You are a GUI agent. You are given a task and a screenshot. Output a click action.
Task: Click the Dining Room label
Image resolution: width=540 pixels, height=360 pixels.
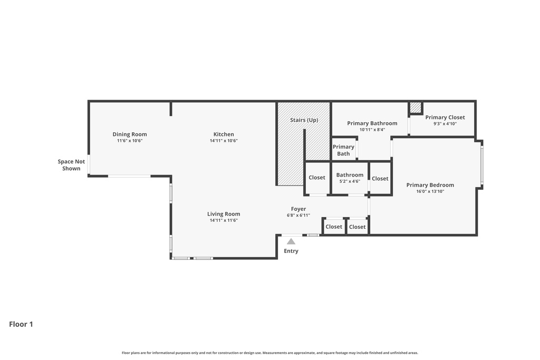tap(130, 134)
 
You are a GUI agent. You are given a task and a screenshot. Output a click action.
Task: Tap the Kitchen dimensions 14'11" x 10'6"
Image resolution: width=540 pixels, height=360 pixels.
tap(224, 141)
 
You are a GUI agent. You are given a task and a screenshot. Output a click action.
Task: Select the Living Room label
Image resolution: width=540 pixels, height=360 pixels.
tap(224, 214)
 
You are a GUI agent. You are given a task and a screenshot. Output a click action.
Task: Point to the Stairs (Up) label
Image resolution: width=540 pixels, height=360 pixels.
tap(304, 120)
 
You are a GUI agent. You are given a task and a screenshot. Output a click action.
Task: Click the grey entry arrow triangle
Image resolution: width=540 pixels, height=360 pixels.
tap(291, 241)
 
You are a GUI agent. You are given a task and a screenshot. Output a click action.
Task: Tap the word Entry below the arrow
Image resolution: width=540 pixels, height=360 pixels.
tap(291, 251)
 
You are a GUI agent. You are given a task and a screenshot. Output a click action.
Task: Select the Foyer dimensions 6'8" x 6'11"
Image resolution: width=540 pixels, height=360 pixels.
tap(298, 215)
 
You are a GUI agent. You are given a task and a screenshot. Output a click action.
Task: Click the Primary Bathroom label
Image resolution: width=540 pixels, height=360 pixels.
tap(372, 123)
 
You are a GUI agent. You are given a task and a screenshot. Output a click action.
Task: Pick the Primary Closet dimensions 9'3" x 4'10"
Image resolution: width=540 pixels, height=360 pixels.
tap(445, 124)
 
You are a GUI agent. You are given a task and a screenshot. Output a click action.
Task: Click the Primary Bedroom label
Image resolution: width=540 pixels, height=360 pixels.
tap(430, 185)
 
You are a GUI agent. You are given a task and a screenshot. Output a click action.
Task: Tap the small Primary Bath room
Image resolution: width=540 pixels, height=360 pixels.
tap(344, 150)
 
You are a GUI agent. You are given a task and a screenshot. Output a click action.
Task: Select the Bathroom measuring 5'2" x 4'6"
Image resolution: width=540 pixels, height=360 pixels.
tap(350, 178)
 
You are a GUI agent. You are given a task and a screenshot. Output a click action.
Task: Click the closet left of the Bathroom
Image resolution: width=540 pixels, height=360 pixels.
tap(317, 178)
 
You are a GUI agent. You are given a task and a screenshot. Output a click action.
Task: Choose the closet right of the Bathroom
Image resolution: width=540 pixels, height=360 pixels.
tap(380, 179)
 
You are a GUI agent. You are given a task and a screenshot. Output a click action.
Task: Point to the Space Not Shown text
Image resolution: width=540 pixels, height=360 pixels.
tap(71, 165)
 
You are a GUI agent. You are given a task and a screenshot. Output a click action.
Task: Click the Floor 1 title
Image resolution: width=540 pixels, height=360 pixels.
tap(21, 324)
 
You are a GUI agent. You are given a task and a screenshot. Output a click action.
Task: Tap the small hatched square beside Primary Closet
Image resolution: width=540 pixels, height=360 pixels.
tap(416, 108)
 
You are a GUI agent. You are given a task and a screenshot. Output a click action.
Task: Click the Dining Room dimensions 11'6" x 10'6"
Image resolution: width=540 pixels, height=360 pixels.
tap(130, 141)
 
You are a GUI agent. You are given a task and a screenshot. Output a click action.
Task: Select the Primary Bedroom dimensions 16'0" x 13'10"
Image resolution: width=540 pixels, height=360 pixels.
tap(430, 191)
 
